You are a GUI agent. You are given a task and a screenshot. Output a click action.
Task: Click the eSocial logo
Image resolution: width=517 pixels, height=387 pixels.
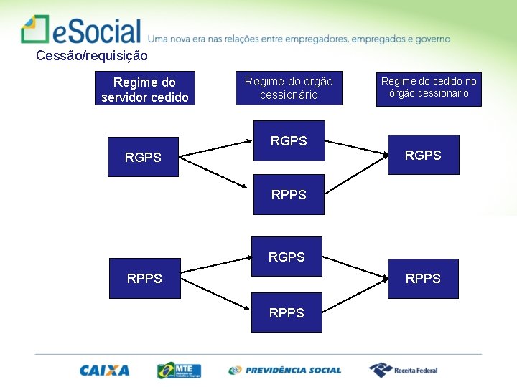[x=81, y=30]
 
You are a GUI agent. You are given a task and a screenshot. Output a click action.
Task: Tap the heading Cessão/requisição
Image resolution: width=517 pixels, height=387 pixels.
[x=91, y=55]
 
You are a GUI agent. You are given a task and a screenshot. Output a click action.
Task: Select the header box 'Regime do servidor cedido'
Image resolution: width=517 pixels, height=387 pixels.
[x=144, y=90]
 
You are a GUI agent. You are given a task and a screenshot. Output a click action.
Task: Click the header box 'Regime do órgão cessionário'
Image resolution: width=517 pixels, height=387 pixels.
[x=289, y=88]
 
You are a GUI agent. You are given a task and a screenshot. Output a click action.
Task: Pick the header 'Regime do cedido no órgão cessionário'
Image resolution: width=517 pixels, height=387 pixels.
[x=429, y=87]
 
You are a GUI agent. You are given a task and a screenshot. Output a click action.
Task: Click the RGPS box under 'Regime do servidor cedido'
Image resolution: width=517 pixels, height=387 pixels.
[x=143, y=157]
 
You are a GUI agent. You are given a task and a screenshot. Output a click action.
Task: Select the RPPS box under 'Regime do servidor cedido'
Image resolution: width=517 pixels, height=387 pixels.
[x=144, y=278]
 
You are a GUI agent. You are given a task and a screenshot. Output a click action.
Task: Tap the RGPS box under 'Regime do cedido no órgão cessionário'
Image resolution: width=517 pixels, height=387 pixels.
[x=423, y=155]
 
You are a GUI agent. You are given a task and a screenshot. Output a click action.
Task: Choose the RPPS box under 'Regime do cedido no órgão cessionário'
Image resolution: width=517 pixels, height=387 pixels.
[x=423, y=278]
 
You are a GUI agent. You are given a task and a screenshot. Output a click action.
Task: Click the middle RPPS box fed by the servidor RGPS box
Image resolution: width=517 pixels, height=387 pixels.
[x=288, y=194]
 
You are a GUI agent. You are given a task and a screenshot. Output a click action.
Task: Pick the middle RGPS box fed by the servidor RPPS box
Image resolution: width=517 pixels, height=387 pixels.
[x=287, y=256]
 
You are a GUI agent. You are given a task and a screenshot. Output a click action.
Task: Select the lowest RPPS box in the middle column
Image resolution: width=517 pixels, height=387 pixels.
[x=287, y=312]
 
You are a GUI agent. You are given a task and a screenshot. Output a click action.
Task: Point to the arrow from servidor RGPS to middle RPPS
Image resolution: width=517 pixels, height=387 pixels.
[x=215, y=176]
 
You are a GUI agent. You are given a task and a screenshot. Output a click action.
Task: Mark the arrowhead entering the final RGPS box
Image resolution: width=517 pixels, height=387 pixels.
[x=383, y=153]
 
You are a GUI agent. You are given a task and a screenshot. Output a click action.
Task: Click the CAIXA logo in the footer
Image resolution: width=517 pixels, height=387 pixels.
[x=105, y=371]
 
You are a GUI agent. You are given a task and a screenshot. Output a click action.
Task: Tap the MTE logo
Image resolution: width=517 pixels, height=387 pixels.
[x=179, y=371]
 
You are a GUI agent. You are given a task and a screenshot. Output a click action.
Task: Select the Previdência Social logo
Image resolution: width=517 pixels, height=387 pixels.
[x=285, y=371]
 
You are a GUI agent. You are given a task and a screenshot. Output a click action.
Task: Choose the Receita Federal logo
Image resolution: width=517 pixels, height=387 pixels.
[x=403, y=370]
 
